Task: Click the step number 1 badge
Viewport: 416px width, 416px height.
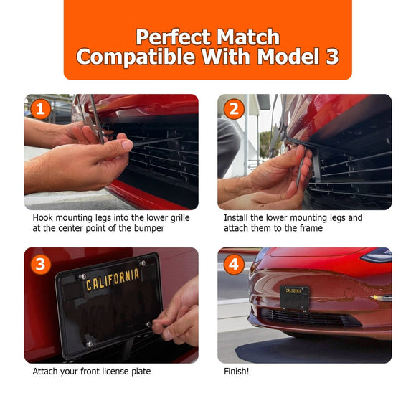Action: tap(41, 109)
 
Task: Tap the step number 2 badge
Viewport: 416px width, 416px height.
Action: tap(234, 109)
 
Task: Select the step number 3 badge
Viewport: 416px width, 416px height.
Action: tap(41, 264)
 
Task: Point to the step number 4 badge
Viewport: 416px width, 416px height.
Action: tap(234, 264)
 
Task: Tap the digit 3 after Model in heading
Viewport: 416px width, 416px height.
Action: tap(331, 56)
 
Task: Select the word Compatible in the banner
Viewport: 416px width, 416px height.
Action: tap(136, 57)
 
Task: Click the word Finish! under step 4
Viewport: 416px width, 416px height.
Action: tap(237, 371)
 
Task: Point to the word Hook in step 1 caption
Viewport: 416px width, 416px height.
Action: tap(43, 218)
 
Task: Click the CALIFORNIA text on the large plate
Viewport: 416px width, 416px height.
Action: tap(113, 280)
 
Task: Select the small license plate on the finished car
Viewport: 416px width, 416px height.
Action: tap(295, 298)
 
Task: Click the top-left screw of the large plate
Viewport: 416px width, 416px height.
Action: tap(82, 277)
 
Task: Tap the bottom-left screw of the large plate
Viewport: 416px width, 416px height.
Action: tap(89, 344)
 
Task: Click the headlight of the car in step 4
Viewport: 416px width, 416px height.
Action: tap(377, 255)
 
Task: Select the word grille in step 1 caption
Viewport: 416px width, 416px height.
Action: tap(180, 218)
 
